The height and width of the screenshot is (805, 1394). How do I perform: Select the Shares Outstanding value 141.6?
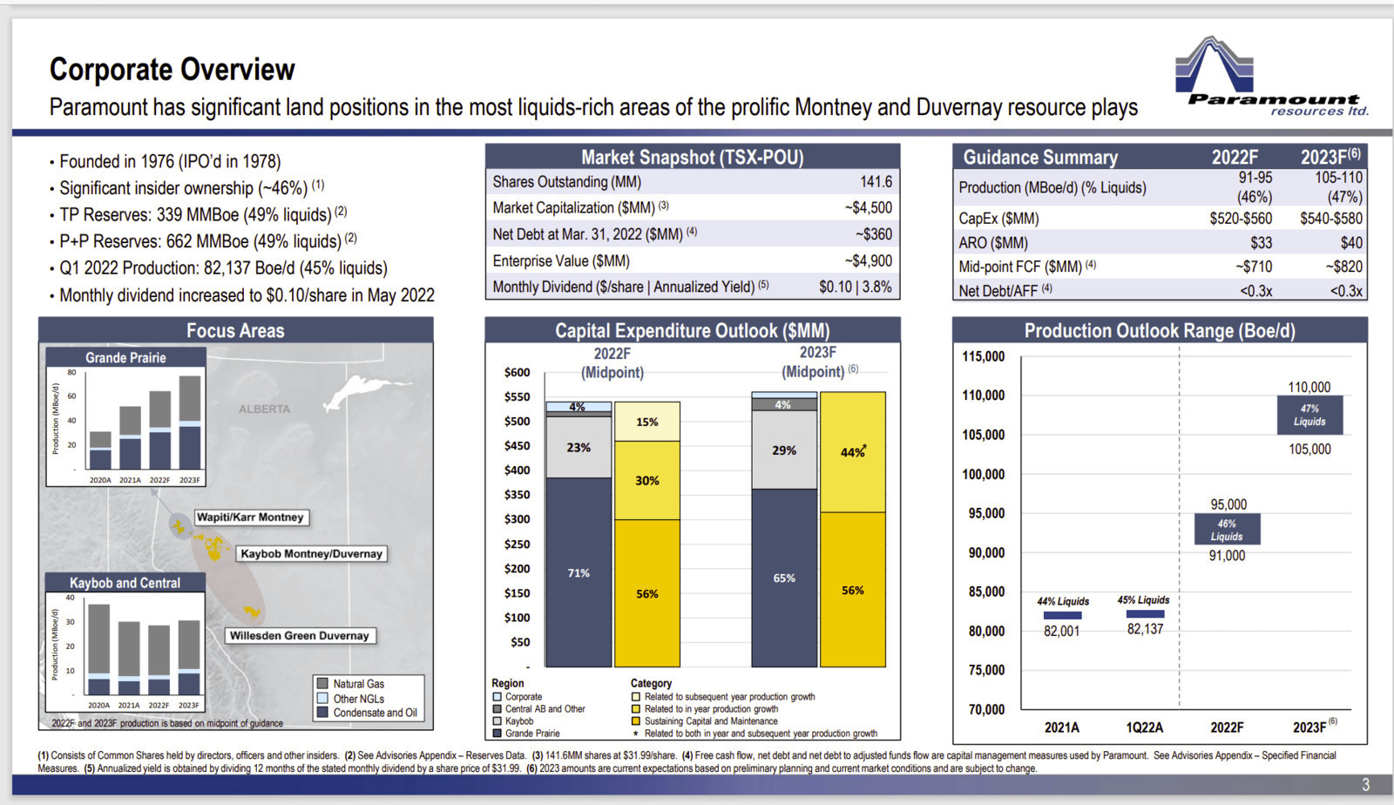876,182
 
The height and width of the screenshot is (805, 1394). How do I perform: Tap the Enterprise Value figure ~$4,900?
868,260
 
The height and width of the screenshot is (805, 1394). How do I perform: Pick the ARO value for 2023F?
1351,242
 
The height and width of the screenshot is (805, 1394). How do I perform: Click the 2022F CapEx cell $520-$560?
1241,219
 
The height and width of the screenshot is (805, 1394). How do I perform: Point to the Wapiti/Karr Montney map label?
250,517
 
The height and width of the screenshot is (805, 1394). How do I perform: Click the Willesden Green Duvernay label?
300,636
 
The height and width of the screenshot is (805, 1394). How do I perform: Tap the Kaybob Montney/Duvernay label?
311,554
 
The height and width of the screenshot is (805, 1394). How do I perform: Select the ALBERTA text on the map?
265,409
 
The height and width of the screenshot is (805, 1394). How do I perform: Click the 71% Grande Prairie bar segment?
579,572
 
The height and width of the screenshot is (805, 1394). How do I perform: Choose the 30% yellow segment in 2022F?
647,480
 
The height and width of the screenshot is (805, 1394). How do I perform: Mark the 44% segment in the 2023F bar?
853,452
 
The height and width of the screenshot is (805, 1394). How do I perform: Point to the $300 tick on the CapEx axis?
518,519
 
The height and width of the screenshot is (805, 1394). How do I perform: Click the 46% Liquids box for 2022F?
1228,530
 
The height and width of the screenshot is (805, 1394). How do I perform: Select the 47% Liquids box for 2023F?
1310,415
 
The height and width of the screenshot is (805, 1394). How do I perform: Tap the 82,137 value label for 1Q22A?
1145,629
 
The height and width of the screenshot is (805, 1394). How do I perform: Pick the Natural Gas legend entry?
351,683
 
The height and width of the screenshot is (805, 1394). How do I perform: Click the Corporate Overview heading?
172,69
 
